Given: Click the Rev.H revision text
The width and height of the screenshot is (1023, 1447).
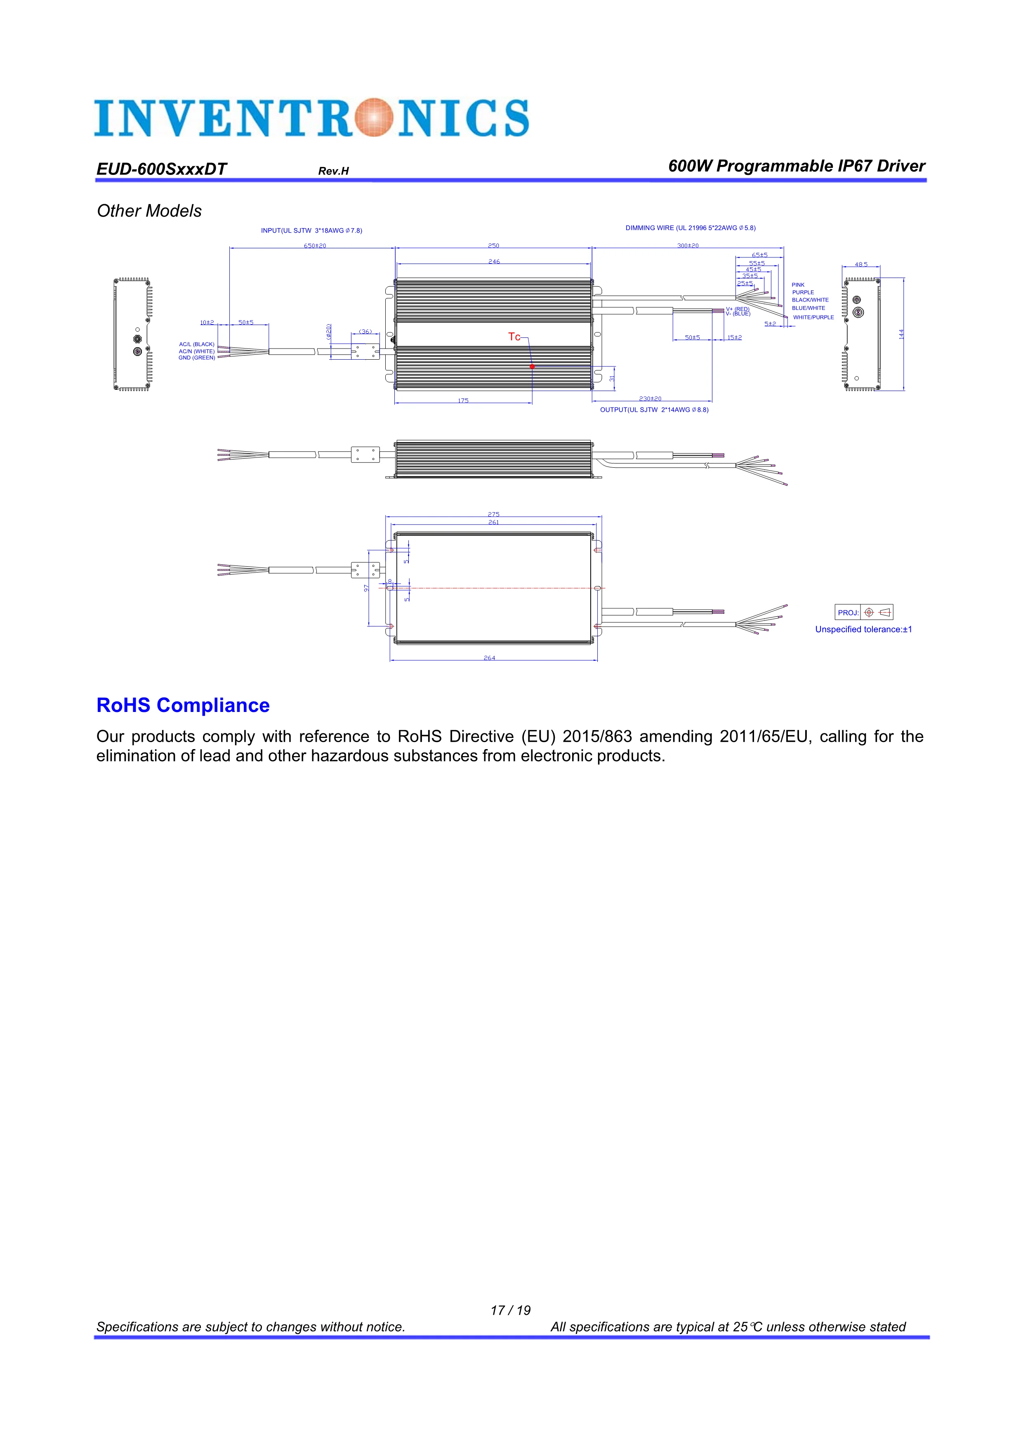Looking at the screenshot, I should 333,171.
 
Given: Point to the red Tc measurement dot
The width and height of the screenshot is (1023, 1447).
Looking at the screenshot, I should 532,366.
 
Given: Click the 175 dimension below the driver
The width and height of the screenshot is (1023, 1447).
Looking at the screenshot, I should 463,400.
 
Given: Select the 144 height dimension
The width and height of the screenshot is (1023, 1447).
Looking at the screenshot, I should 901,334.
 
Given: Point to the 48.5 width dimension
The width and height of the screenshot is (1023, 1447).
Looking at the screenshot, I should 861,264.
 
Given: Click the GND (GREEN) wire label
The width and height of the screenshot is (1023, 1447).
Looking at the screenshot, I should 197,358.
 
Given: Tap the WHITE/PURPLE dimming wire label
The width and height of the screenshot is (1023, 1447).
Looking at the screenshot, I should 813,317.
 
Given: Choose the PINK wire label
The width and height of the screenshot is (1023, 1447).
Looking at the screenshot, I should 798,285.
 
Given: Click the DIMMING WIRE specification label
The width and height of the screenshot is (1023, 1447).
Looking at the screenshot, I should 690,228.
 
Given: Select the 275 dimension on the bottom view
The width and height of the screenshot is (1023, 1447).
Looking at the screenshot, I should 493,514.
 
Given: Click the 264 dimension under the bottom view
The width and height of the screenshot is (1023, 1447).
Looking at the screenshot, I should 490,658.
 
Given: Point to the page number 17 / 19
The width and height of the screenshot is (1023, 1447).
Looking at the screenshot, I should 511,1310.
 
